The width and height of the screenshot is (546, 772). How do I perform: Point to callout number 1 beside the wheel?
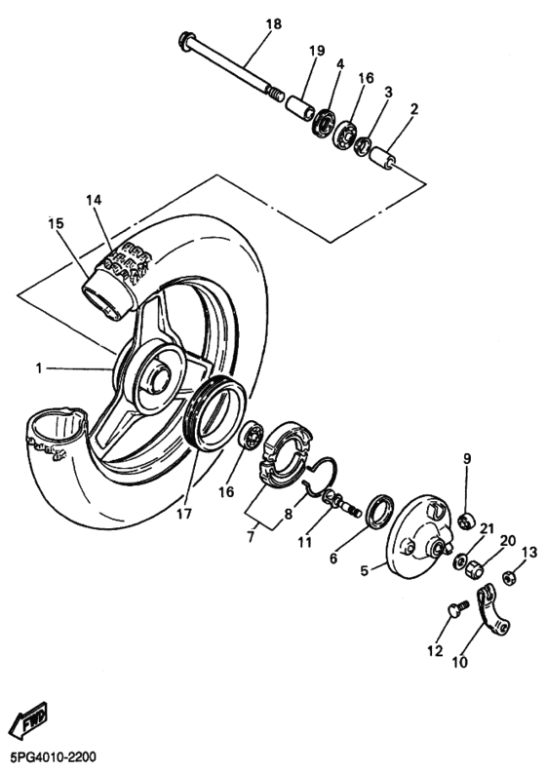(40, 368)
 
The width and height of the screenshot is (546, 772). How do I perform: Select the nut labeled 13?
(508, 578)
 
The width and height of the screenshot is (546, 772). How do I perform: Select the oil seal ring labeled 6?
(378, 514)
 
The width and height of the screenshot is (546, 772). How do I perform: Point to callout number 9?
(467, 458)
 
